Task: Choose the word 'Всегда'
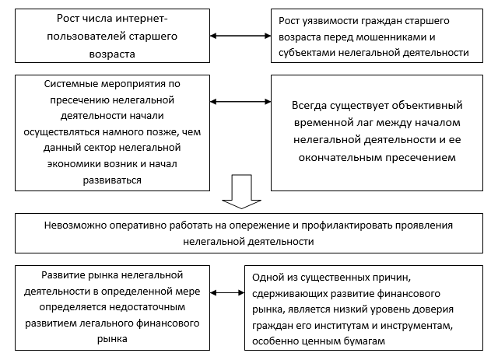coord(311,103)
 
